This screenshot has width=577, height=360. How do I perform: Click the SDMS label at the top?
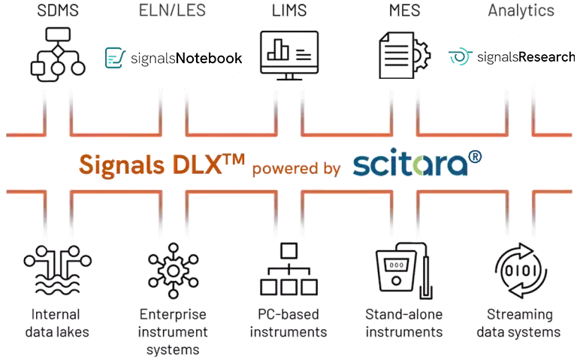coord(56,10)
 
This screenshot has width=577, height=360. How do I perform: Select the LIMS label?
coord(289,10)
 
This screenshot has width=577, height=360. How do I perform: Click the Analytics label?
coord(521,10)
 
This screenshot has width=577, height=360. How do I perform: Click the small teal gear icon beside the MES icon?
coord(458,56)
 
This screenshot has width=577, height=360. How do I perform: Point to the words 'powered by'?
coord(296,168)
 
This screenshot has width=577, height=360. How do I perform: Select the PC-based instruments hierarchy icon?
coord(289,271)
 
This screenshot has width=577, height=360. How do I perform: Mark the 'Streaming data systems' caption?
coord(524,323)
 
